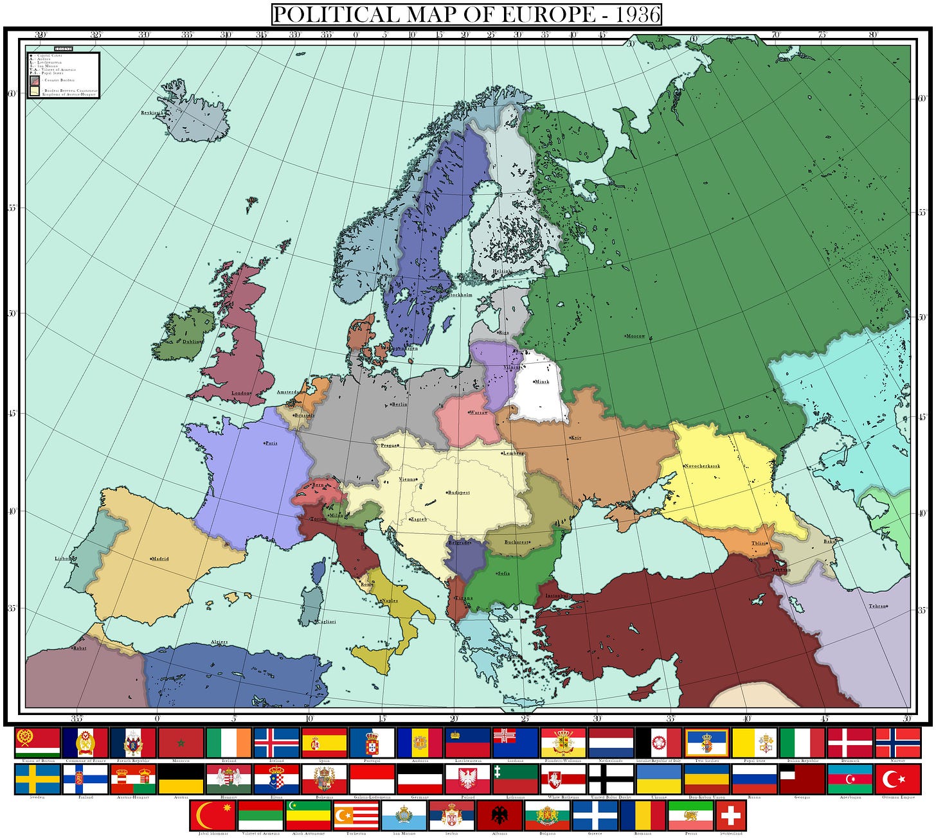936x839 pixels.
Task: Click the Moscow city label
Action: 636,336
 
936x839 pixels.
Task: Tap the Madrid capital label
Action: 160,559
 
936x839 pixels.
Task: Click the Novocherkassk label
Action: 702,466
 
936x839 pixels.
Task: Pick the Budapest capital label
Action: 459,493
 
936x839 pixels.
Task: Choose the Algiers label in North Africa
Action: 219,642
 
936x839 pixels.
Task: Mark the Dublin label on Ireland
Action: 192,342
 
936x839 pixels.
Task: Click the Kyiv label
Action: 576,438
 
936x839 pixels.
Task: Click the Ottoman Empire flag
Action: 897,779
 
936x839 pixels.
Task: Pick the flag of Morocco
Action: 181,743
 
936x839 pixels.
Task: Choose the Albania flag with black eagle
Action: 499,815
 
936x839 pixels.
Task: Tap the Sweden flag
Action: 38,779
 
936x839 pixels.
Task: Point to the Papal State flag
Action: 754,743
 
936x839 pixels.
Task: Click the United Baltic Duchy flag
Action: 611,779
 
